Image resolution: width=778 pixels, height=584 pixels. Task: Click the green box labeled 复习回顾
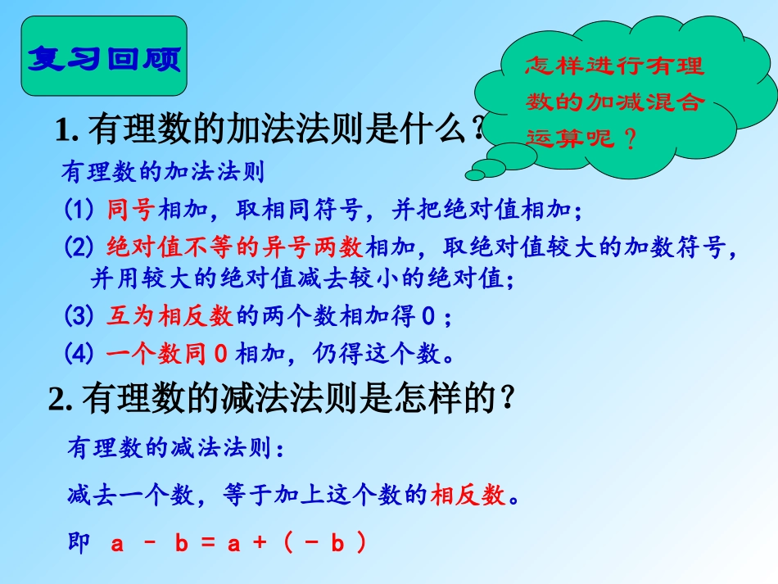coord(104,58)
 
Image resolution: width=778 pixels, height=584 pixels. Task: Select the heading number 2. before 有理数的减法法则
coord(62,399)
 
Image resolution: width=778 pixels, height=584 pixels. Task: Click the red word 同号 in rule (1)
coord(130,211)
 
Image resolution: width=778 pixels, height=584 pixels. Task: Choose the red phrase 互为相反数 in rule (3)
coord(170,315)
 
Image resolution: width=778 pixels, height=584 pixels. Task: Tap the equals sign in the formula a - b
coord(207,544)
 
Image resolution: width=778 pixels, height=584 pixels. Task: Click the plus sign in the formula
coord(260,544)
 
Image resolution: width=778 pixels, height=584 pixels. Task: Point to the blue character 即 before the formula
coord(79,543)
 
